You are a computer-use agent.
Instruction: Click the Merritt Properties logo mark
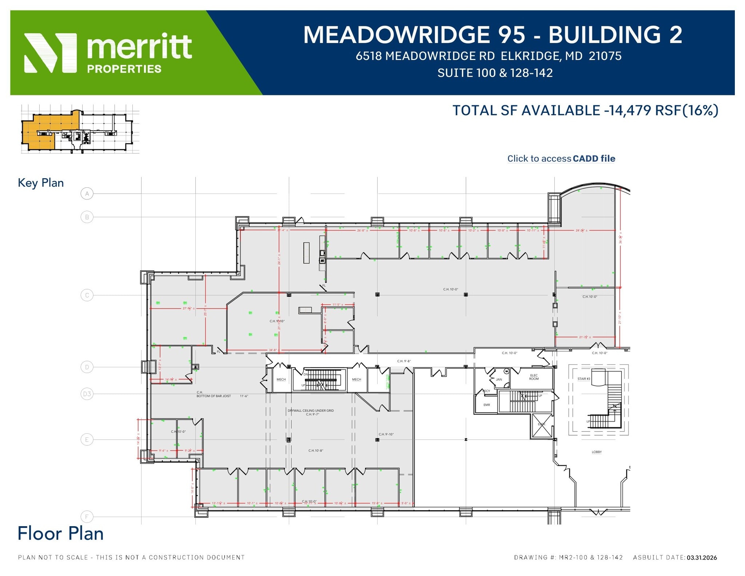[50, 53]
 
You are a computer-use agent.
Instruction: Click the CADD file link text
[594, 159]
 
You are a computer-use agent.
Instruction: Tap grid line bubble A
[87, 194]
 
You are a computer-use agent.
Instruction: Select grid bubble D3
[87, 394]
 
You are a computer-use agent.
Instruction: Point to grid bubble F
[87, 516]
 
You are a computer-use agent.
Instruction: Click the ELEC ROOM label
[534, 377]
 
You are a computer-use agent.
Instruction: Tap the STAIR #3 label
[583, 379]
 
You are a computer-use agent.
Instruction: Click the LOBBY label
[597, 452]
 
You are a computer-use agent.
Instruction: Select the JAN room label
[499, 380]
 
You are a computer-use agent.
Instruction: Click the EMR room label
[487, 405]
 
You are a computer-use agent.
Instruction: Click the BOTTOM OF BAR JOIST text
[214, 396]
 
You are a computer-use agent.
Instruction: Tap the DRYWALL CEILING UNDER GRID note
[311, 410]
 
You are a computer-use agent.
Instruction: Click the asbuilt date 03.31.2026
[702, 557]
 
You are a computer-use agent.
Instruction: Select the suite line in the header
[495, 73]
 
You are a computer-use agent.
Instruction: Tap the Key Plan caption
[41, 183]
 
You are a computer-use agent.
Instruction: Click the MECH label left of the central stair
[281, 380]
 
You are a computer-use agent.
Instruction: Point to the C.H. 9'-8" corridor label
[404, 361]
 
